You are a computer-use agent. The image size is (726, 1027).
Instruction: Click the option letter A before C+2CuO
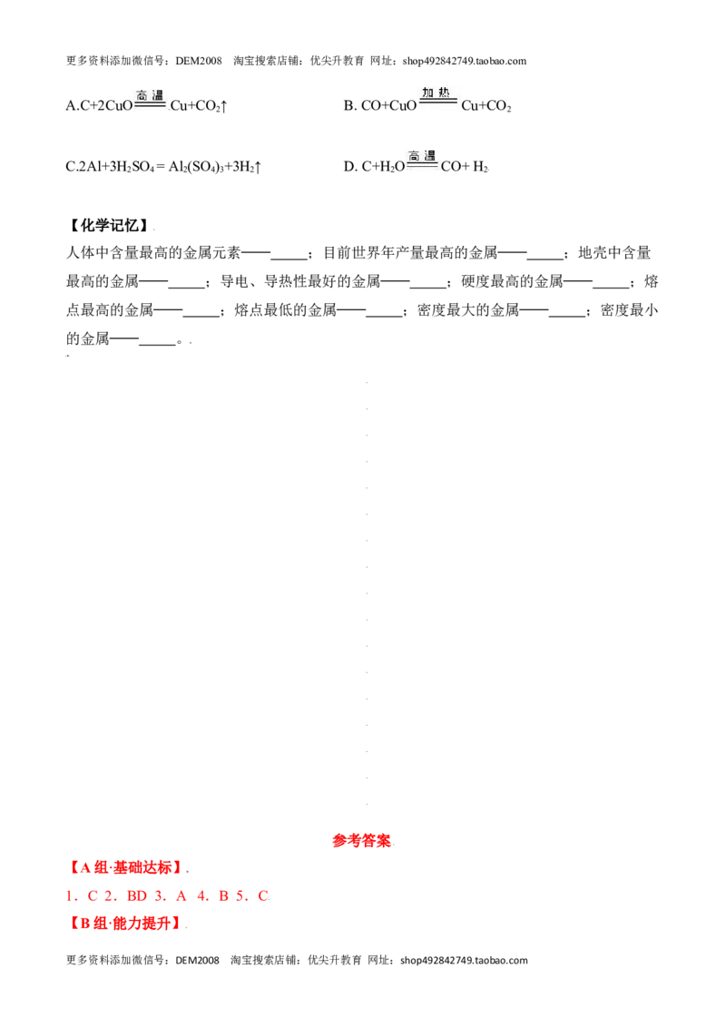coord(71,106)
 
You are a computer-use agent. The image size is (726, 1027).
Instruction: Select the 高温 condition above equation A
coord(150,95)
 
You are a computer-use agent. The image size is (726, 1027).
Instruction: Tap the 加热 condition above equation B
coord(436,93)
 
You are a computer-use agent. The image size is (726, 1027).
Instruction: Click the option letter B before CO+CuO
coord(349,106)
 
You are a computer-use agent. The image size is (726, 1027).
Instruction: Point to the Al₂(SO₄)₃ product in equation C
coord(196,167)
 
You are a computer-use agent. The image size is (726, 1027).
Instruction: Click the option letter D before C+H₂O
coord(349,167)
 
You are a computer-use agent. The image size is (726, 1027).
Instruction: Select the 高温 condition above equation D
coord(422,156)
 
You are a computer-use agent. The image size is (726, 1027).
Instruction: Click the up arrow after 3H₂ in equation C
coord(258,167)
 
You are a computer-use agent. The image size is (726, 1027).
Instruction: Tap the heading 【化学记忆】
coord(109,226)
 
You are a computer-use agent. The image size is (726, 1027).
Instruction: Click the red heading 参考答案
coord(361,841)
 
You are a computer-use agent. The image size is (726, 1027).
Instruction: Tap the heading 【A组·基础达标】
coord(125,868)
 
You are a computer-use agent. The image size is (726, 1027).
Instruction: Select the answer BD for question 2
coord(137,896)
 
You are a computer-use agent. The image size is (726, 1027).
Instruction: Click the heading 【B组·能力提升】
coord(124,924)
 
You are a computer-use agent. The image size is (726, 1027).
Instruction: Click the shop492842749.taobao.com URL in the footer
coord(464,960)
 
